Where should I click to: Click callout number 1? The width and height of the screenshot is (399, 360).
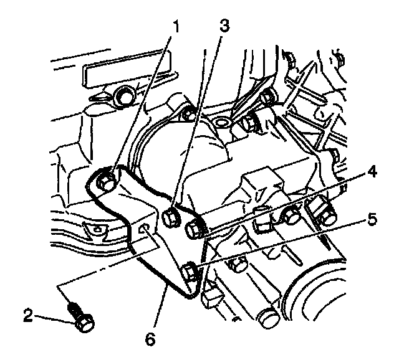point(176,27)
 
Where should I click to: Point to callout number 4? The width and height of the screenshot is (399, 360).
point(372,171)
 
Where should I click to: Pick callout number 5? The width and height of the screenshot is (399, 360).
point(372,219)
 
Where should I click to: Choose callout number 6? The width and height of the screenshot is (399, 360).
point(149,340)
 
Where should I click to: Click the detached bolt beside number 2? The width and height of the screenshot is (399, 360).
point(80,317)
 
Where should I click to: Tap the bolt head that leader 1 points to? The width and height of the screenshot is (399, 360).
point(106,181)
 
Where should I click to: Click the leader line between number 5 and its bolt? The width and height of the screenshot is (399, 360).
point(281,244)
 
